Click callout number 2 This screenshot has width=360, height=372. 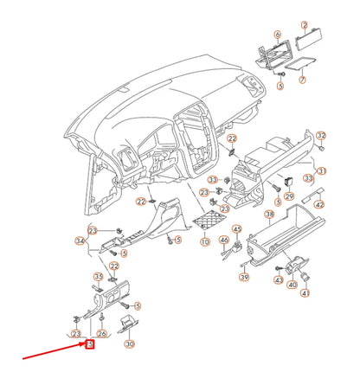[x=304, y=26]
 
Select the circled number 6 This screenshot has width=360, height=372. [x=277, y=35]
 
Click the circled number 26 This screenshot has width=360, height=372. [x=101, y=333]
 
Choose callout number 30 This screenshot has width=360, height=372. [x=131, y=343]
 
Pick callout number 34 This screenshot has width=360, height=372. [x=80, y=241]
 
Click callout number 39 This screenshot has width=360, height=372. [x=244, y=277]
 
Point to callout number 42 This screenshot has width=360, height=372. [x=318, y=205]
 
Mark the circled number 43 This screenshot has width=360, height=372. [x=279, y=280]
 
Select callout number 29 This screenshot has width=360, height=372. [x=289, y=197]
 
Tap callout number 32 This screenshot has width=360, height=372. [x=321, y=136]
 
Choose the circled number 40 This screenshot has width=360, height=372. [x=292, y=284]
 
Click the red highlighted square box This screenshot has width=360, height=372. [x=89, y=346]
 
